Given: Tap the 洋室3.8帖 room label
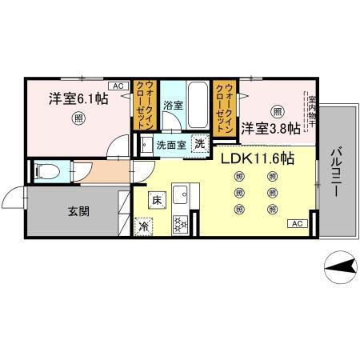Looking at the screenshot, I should click(x=272, y=128).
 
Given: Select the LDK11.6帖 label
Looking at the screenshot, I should click(x=258, y=158).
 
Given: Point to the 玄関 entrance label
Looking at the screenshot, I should click(x=78, y=212).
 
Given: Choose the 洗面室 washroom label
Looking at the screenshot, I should click(x=170, y=145).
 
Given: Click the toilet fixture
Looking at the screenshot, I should click(x=47, y=170).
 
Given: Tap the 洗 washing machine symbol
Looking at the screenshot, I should click(x=200, y=144).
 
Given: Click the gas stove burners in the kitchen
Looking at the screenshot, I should click(x=179, y=224).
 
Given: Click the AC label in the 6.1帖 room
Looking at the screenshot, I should click(x=116, y=85).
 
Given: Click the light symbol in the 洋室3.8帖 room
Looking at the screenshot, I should click(x=276, y=111).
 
